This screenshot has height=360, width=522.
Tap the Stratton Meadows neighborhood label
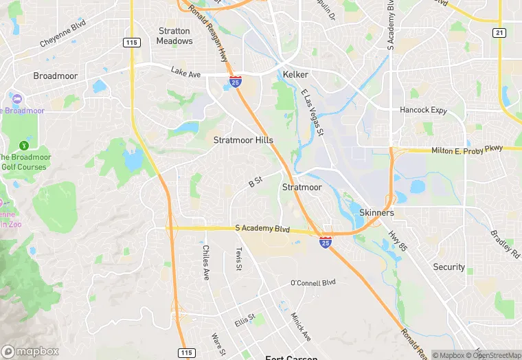[174, 36]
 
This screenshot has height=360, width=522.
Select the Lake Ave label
[185, 71]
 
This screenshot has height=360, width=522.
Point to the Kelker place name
[295, 74]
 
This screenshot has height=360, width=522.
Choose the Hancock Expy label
[423, 110]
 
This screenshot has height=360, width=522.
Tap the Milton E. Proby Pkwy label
[467, 149]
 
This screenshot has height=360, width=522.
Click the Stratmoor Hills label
[243, 140]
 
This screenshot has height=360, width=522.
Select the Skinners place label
[376, 213]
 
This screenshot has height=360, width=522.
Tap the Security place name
[449, 267]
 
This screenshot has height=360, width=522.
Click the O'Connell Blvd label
[313, 282]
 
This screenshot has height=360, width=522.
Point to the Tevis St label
[239, 259]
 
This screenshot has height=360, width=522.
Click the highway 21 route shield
[499, 33]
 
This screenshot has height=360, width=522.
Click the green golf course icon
[25, 145]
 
